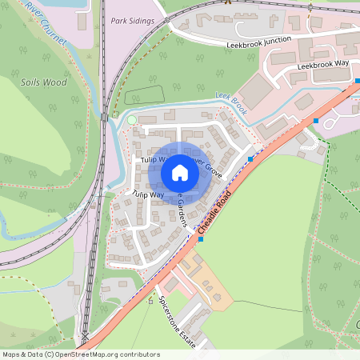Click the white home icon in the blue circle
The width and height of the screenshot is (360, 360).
pos(179,173)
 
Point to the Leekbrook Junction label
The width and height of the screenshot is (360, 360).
pos(258,42)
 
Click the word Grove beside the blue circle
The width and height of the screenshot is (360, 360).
pos(212,169)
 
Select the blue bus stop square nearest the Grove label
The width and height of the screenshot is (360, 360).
pos(250,159)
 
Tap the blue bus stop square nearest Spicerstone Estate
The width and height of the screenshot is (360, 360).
pos(200,238)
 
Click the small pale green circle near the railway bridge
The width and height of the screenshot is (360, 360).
pos(132,120)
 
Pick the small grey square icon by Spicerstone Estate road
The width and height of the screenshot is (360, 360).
pos(150,302)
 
